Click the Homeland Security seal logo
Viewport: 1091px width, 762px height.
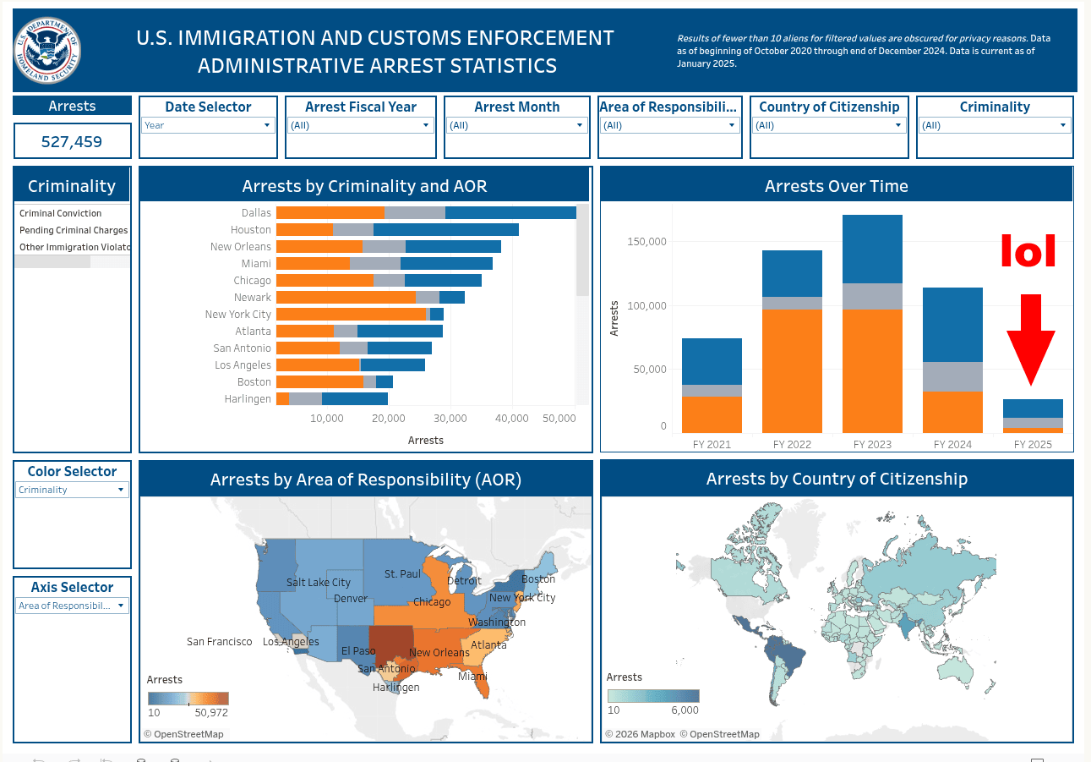49,50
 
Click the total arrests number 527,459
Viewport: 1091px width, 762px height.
72,142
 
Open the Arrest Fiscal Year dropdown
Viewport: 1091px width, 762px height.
361,126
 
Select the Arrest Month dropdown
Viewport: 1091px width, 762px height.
516,126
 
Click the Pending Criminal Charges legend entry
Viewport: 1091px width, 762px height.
74,230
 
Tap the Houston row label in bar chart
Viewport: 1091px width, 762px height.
251,230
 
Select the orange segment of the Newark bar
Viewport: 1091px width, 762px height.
346,298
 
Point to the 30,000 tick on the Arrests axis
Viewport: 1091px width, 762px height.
450,419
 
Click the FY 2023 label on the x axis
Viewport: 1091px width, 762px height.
873,445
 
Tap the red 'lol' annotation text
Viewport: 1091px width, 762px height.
1028,251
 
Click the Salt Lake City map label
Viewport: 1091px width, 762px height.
318,583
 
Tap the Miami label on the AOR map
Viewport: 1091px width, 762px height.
472,677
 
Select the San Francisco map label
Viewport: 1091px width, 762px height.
219,642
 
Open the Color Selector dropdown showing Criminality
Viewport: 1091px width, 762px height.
73,491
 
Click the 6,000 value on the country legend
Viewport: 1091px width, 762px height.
685,710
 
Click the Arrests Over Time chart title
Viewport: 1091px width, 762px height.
836,187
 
